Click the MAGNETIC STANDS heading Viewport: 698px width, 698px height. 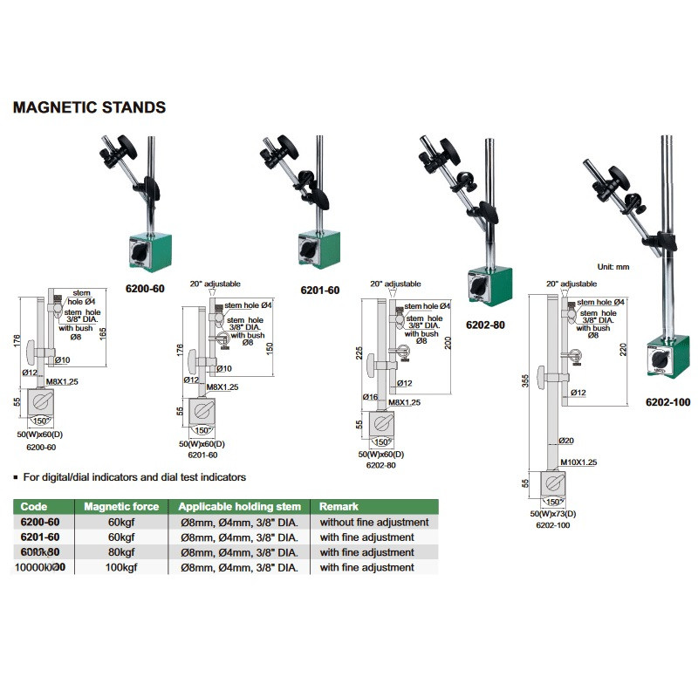coord(88,108)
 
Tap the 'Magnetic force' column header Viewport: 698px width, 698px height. coord(120,506)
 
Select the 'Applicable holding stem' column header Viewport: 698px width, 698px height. coord(239,506)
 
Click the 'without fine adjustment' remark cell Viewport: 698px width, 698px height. coord(373,522)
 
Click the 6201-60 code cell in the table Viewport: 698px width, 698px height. coord(40,537)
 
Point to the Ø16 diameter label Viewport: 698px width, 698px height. coord(370,397)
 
